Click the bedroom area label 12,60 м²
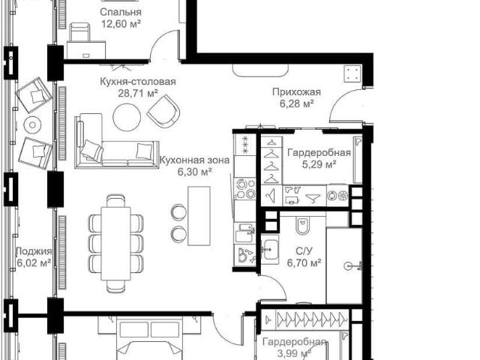click(x=121, y=23)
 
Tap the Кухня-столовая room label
click(x=138, y=82)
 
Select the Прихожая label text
click(x=296, y=91)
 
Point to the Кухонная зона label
click(x=195, y=160)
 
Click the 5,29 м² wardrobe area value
click(x=319, y=164)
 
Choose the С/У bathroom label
click(x=304, y=251)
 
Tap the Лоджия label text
click(x=34, y=251)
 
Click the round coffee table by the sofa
click(x=127, y=117)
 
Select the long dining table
click(x=116, y=243)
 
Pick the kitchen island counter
click(x=199, y=215)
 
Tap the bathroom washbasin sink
click(x=270, y=249)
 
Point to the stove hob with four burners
click(x=244, y=188)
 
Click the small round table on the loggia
click(x=32, y=124)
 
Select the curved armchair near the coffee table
click(x=163, y=111)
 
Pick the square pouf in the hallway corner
click(x=352, y=74)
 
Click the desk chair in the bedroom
click(x=79, y=32)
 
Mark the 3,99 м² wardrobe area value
click(x=293, y=354)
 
